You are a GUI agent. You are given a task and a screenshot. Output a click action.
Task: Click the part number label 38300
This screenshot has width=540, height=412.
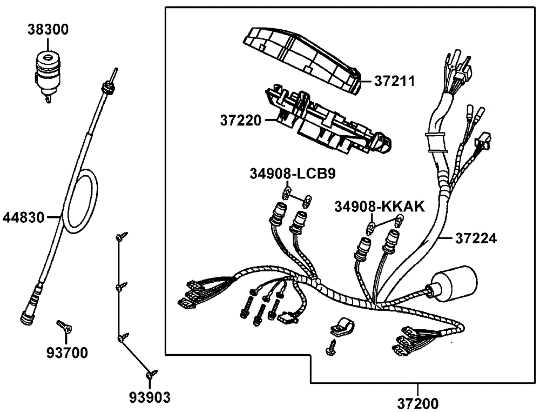[x=48, y=29]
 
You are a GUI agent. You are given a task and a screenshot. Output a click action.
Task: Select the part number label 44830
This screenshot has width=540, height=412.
[x=24, y=218]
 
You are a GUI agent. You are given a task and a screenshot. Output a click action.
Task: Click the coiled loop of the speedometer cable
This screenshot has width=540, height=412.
[x=81, y=201]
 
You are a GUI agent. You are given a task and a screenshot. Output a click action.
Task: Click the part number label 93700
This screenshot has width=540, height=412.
[x=67, y=354]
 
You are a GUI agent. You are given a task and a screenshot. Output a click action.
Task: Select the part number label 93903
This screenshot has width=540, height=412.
[x=150, y=398]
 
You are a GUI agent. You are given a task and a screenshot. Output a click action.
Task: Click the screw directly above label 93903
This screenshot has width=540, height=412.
[x=151, y=374]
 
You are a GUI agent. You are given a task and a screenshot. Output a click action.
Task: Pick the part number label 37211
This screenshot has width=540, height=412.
[x=395, y=82]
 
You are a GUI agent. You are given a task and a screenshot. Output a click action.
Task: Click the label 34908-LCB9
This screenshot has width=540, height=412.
[x=293, y=174]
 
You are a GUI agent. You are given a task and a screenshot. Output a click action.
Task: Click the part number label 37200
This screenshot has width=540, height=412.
[x=418, y=403]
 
